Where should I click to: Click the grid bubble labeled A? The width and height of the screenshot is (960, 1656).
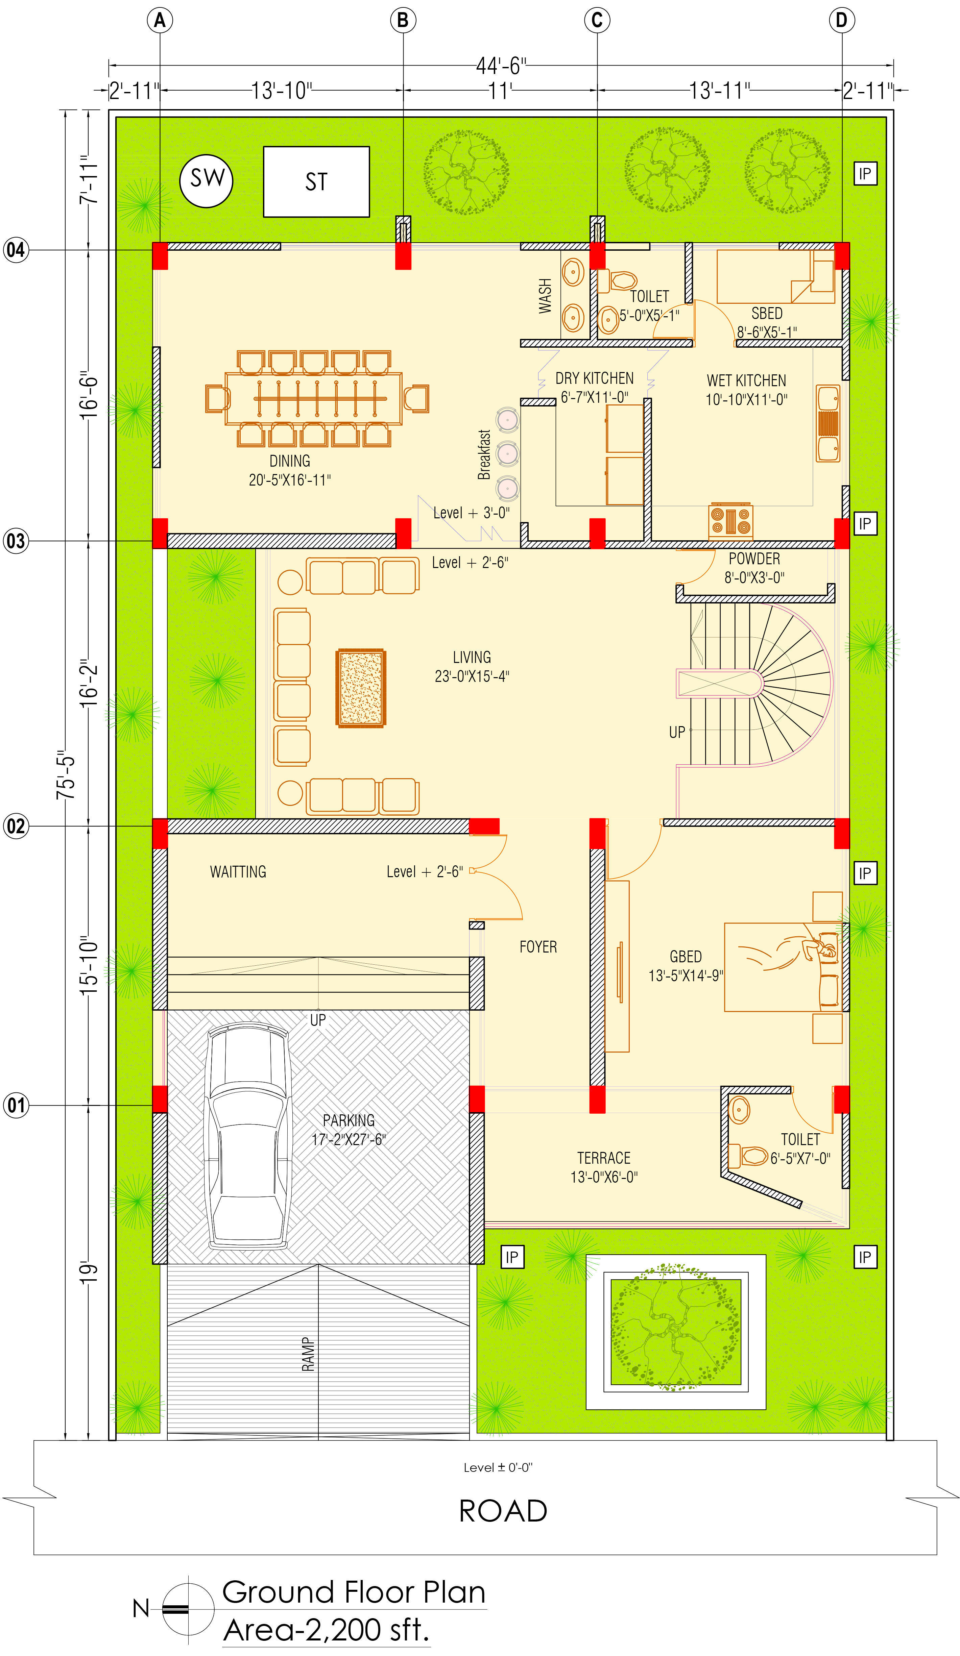click(x=160, y=20)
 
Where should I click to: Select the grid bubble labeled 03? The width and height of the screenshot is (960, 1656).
click(x=16, y=541)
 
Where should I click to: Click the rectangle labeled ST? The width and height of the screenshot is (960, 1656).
click(x=316, y=181)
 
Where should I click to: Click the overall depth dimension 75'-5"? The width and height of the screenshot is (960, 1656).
click(x=66, y=774)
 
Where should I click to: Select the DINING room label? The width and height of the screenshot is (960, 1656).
click(x=289, y=461)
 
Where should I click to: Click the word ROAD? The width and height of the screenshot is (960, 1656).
click(x=503, y=1511)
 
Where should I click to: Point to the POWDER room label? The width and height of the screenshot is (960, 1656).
click(x=754, y=559)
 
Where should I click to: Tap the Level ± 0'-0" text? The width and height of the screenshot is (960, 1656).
click(x=498, y=1467)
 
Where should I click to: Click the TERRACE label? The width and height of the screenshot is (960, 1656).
click(x=604, y=1158)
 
